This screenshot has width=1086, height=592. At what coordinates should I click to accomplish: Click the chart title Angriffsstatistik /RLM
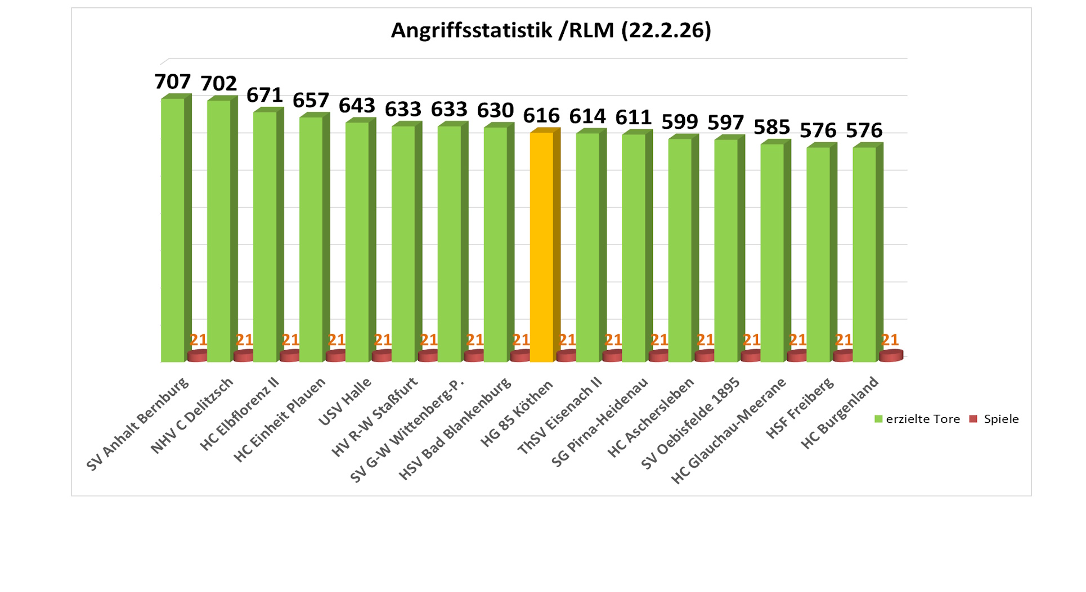[x=550, y=30]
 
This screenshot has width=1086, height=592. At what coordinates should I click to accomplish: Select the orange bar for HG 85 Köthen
[x=541, y=247]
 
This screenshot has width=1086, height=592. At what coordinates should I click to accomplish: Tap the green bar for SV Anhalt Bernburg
[x=173, y=231]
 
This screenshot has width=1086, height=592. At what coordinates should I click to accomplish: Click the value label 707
[x=173, y=82]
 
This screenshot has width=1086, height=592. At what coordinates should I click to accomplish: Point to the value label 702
[x=219, y=84]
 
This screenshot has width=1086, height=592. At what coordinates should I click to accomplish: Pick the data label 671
[x=264, y=96]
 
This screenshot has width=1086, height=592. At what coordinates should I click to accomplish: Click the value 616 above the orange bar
[x=541, y=116]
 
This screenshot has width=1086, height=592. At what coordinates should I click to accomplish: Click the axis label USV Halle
[x=345, y=402]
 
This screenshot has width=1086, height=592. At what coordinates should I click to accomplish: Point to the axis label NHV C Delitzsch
[x=192, y=416]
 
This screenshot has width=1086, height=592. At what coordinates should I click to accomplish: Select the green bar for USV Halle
[x=357, y=242]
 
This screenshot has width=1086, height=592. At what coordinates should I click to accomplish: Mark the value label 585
[x=771, y=128]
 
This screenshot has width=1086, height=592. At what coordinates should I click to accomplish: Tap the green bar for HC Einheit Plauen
[x=311, y=239]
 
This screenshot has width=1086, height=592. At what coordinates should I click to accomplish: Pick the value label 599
[x=679, y=122]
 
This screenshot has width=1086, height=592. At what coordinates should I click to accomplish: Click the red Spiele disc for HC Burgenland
[x=891, y=356]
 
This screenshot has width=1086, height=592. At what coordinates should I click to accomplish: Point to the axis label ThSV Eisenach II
[x=560, y=416]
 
